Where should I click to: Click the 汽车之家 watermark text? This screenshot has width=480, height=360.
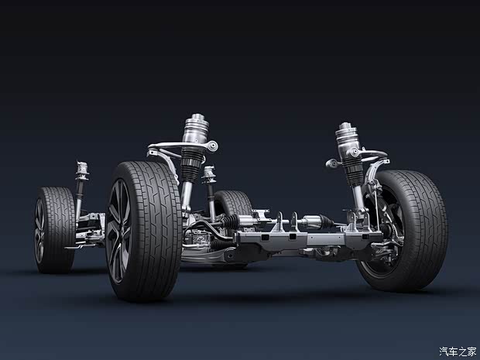tap(458, 351)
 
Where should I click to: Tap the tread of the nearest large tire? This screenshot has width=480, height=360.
tap(153, 230)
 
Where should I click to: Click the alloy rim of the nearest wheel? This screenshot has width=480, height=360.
tap(118, 231)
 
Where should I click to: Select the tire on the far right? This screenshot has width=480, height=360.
tap(407, 230)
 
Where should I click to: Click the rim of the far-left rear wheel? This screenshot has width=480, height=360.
tap(39, 231)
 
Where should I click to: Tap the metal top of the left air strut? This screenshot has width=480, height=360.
tap(196, 129)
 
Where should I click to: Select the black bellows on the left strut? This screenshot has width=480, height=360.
tap(192, 166)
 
